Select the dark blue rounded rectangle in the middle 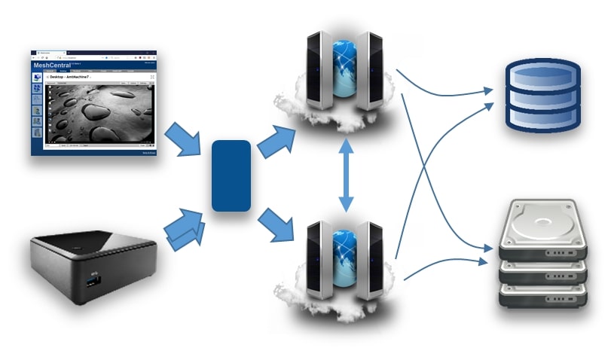coord(231,175)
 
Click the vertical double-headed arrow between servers coord(347,175)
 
